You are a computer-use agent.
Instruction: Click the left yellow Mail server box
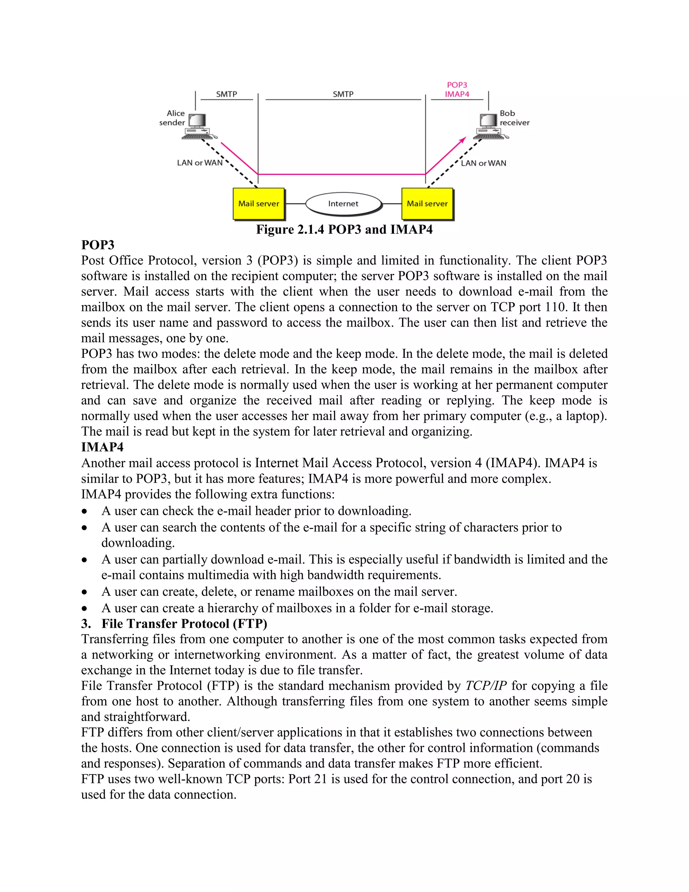258,203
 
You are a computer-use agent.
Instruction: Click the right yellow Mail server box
427,203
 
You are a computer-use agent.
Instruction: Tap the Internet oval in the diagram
343,203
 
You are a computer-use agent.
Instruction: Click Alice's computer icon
197,127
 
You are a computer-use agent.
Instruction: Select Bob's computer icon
489,127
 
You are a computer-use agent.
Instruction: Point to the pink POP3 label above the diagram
457,85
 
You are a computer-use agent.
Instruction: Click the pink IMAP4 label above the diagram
457,94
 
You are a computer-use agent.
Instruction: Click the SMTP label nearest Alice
226,94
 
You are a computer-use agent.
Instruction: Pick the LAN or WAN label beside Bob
483,163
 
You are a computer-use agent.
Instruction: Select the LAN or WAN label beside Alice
200,163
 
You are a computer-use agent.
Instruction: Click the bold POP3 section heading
98,245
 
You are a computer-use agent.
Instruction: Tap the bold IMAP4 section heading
102,447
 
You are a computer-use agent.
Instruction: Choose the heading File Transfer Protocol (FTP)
184,624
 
